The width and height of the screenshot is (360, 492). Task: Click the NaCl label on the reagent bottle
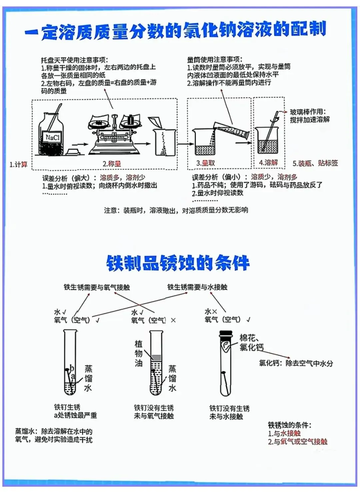52,137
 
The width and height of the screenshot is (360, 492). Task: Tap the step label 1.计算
18,164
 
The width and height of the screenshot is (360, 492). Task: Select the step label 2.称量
112,164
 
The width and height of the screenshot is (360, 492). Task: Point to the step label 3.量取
205,163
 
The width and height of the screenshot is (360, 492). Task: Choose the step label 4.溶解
268,162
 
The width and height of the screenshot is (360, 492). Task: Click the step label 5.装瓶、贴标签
315,163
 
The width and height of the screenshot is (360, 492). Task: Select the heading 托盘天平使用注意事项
74,60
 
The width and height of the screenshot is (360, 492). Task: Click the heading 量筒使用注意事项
214,59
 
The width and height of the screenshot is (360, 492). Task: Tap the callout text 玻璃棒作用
308,112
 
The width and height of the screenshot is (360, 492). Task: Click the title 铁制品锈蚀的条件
178,263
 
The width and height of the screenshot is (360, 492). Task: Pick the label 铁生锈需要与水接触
197,287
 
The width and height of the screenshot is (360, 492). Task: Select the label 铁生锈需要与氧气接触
97,287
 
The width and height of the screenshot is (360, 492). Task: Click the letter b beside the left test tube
72,368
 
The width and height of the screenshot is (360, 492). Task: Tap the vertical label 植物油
138,353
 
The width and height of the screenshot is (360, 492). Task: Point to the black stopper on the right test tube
226,334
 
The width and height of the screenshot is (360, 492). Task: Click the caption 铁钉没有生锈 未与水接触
229,412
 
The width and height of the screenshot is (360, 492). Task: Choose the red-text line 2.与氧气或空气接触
297,442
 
